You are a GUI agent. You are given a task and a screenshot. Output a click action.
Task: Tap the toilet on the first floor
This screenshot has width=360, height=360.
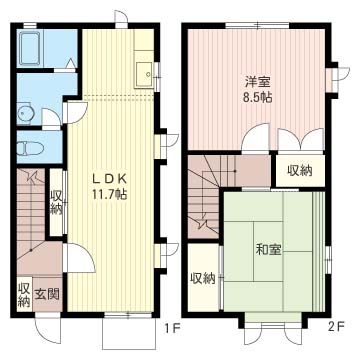[30, 148]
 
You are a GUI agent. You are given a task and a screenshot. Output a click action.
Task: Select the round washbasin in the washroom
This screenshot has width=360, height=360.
[26, 114]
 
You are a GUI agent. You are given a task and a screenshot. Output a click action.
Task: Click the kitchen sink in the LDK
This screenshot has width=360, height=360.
[143, 74]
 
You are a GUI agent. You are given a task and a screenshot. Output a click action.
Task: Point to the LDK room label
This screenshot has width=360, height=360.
[109, 179]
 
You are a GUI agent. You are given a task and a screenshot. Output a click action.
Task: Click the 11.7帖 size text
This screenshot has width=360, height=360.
[107, 195]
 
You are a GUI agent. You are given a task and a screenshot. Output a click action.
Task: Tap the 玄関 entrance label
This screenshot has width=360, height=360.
[47, 294]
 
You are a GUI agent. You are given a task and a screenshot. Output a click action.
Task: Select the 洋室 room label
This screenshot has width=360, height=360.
[258, 82]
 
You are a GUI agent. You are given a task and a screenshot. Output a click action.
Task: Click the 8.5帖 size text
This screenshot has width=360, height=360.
[258, 98]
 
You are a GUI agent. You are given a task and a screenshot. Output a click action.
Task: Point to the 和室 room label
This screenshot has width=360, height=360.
[268, 250]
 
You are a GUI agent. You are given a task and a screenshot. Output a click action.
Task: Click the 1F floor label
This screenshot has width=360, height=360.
[173, 329]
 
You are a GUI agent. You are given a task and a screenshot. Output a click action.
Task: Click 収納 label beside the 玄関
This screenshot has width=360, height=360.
[24, 295]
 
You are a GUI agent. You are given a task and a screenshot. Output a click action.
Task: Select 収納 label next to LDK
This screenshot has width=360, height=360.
[56, 203]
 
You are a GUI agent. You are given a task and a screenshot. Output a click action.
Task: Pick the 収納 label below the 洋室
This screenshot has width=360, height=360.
[300, 171]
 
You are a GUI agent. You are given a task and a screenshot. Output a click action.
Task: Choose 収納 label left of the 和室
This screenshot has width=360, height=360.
[203, 278]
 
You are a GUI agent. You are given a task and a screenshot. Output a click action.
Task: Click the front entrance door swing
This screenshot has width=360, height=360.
[47, 333]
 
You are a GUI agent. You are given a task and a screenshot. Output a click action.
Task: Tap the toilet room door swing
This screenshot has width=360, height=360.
[50, 117]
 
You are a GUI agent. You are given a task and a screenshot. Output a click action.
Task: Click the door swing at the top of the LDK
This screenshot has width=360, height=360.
[121, 17]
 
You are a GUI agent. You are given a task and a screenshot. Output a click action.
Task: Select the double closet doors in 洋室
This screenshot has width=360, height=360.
[301, 140]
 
